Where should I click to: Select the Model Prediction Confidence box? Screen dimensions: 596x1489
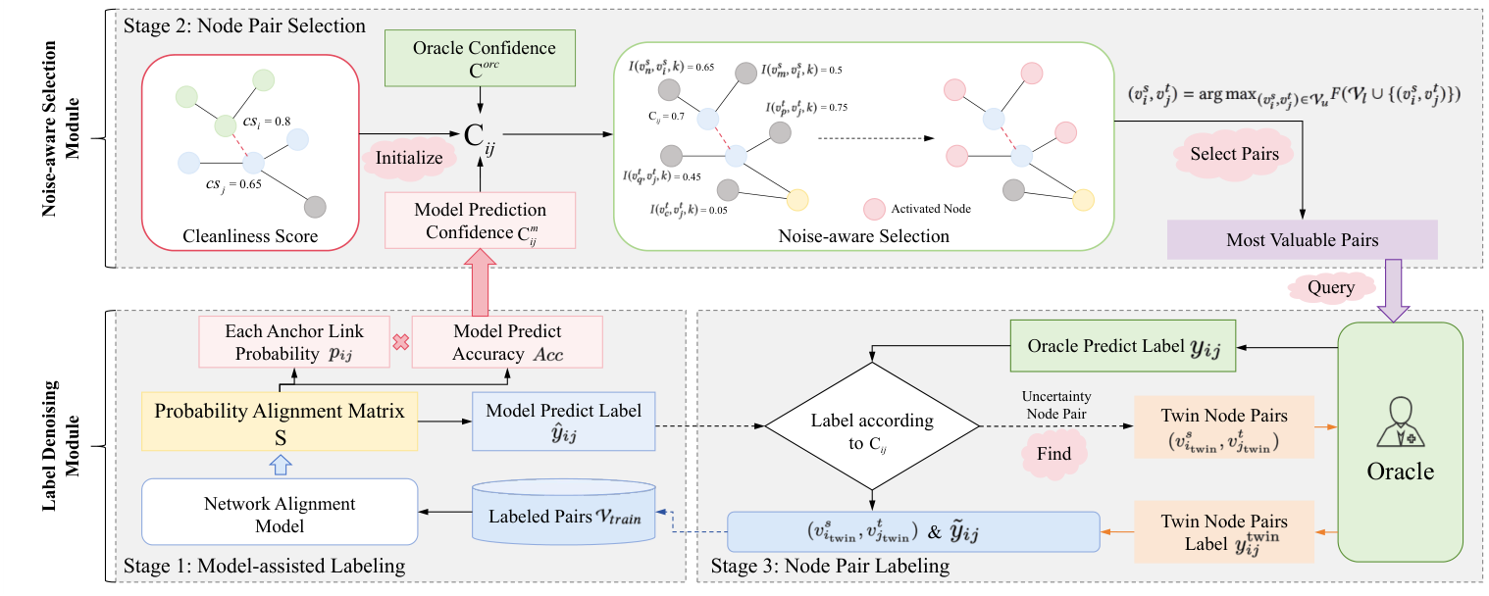[x=480, y=221]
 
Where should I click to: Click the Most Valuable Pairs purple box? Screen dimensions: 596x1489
[x=1302, y=240]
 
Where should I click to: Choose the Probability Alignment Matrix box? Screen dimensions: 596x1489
[x=280, y=421]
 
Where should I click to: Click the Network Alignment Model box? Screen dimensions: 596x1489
[x=280, y=514]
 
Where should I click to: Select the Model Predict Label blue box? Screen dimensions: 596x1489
[x=563, y=421]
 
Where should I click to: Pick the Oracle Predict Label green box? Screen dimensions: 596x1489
[x=1123, y=346]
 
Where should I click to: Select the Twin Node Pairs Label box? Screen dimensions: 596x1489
[x=1223, y=531]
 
